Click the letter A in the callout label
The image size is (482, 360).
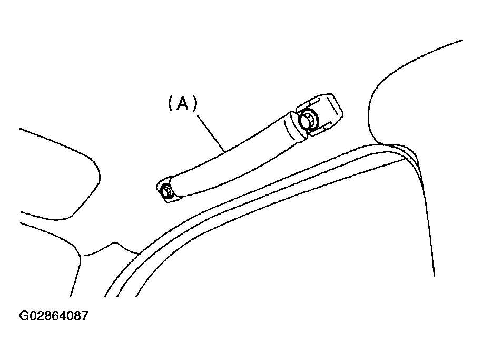[x=183, y=103]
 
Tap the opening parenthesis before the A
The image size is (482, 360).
[x=171, y=103]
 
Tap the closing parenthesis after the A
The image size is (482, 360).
[x=194, y=103]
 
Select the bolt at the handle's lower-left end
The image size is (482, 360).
[x=166, y=192]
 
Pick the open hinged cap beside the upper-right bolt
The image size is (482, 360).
[x=321, y=113]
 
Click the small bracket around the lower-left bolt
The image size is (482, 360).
[x=165, y=190]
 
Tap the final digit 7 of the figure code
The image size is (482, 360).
[x=84, y=316]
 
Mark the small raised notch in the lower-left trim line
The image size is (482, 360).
[x=115, y=243]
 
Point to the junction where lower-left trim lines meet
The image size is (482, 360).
[x=81, y=255]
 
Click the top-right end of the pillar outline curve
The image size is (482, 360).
[x=461, y=40]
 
